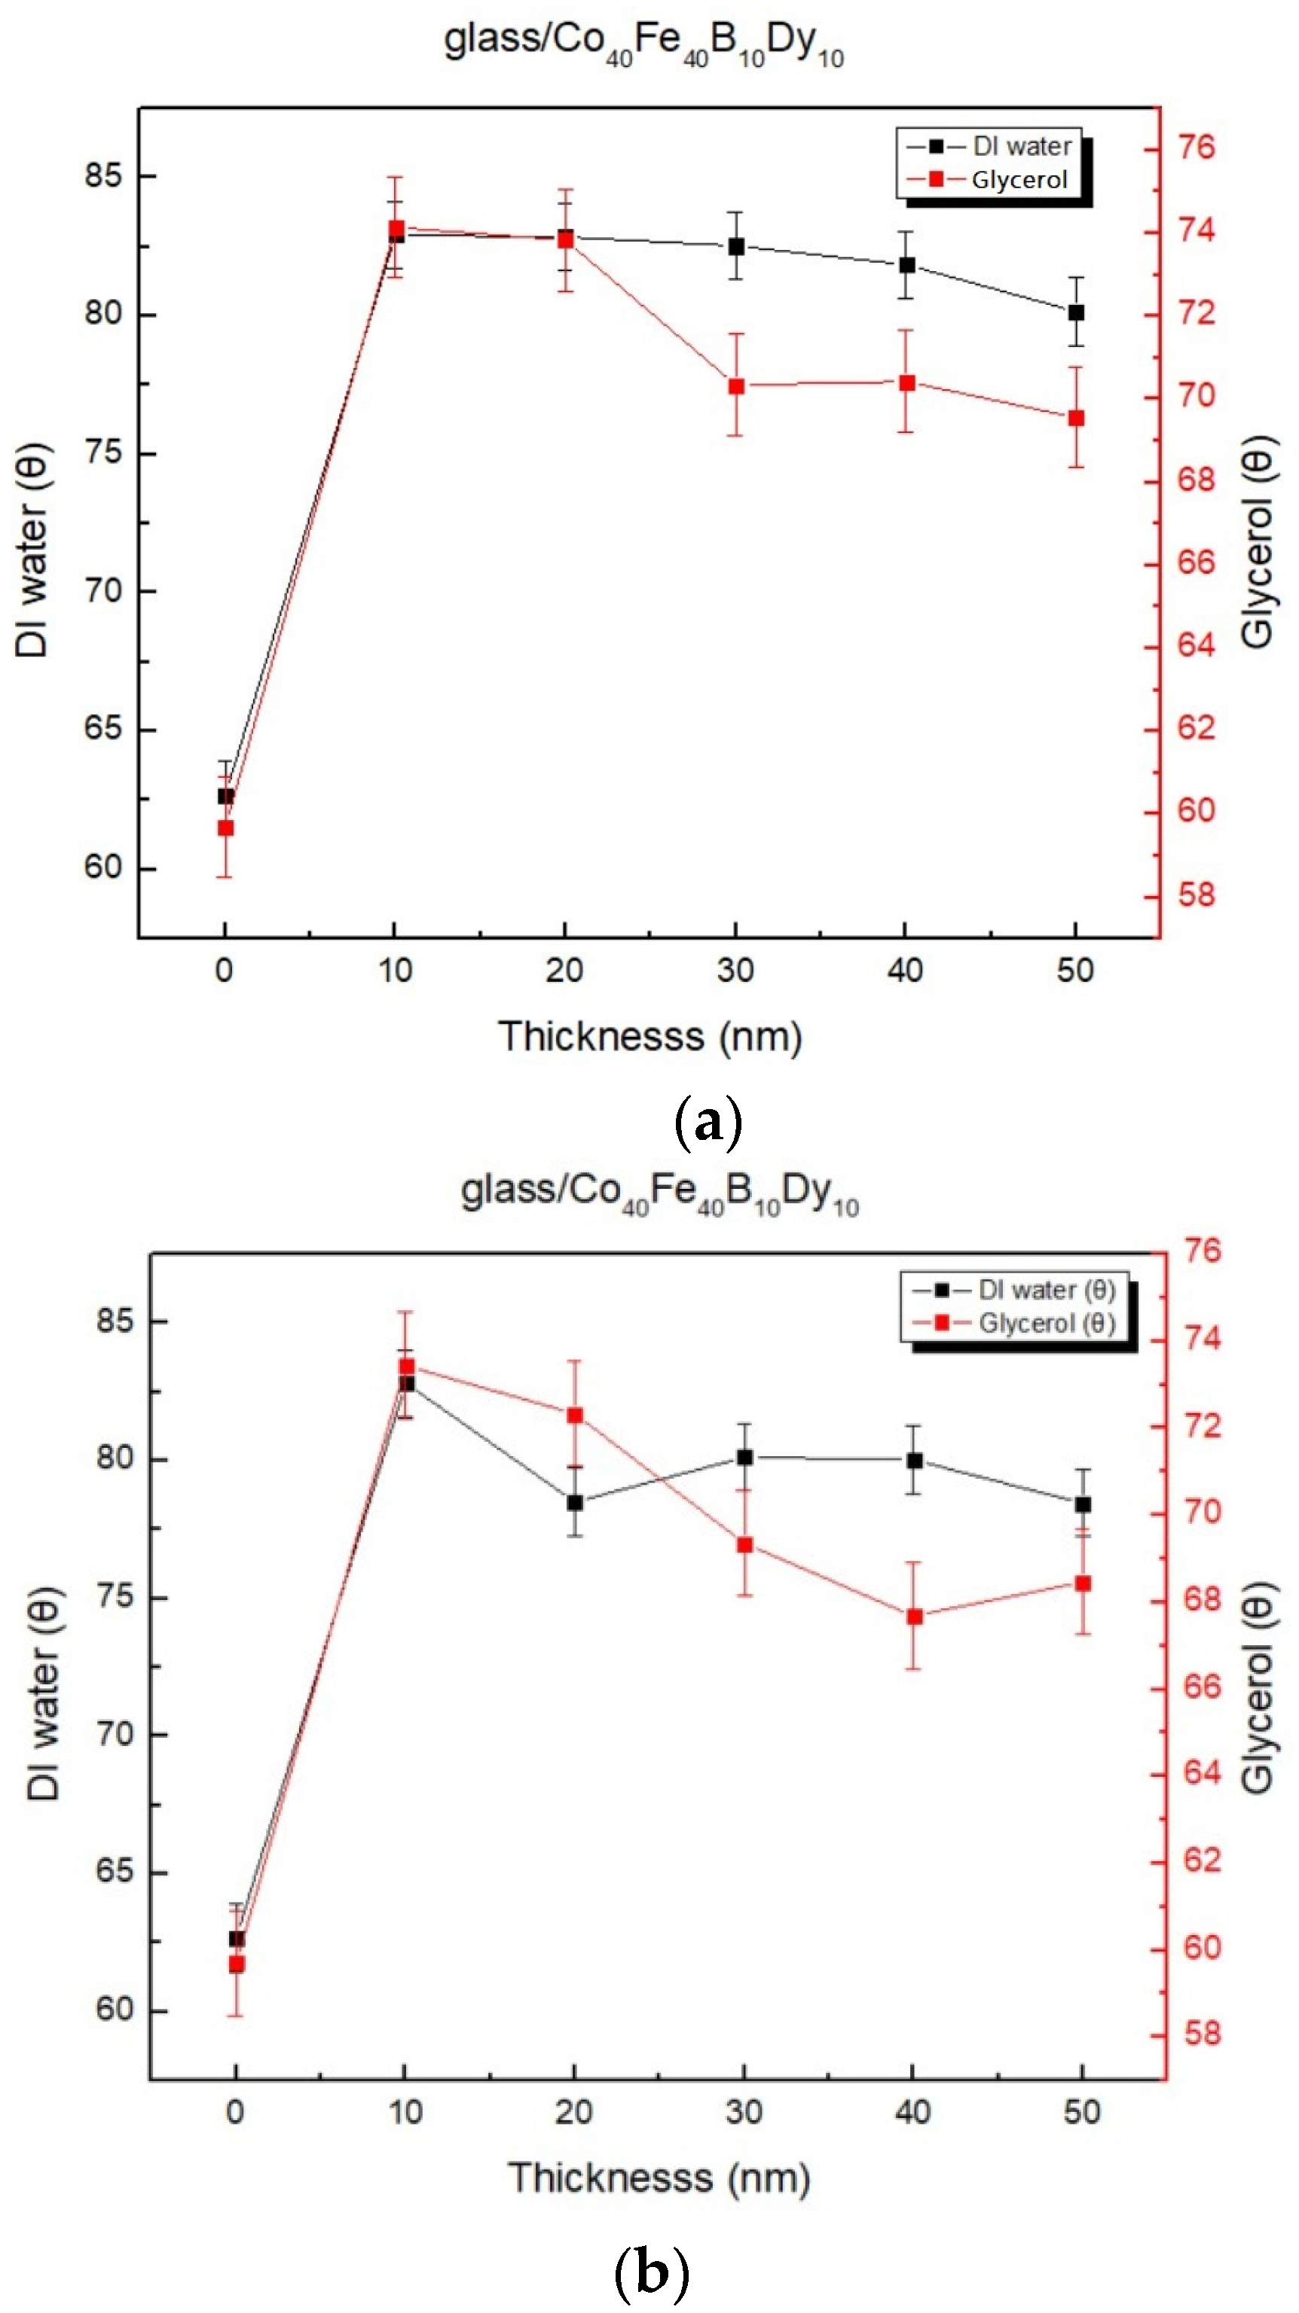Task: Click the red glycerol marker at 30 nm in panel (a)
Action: coord(735,387)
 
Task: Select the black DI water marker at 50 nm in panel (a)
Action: coord(1075,312)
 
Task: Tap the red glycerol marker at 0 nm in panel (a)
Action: coord(225,828)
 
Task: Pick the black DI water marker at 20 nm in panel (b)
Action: coord(574,1502)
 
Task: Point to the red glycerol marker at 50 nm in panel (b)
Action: coord(1083,1583)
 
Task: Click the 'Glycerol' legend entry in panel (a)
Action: coord(1019,181)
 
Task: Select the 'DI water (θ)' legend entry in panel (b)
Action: coord(1047,1291)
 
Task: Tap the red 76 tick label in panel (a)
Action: coord(1196,148)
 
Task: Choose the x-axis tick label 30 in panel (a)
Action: coord(735,971)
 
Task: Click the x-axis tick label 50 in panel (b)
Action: coord(1081,2112)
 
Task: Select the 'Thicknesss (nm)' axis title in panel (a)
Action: coord(649,1037)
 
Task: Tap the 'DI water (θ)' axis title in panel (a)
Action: coord(33,550)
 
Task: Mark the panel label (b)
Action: coord(651,2272)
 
